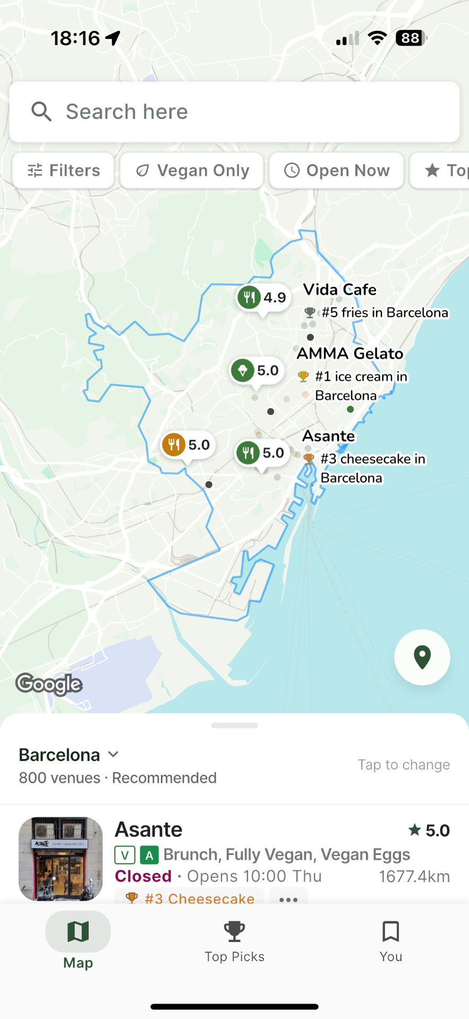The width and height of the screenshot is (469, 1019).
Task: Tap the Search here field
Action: click(x=234, y=112)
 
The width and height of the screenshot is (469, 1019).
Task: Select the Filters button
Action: click(x=64, y=170)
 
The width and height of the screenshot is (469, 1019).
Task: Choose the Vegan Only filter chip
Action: click(x=192, y=170)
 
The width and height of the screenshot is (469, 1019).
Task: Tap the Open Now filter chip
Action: click(x=337, y=170)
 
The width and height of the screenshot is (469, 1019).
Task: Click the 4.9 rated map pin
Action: click(x=262, y=298)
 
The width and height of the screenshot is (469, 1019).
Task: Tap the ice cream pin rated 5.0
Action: click(x=256, y=370)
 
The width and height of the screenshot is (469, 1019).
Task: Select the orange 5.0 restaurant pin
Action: click(x=187, y=445)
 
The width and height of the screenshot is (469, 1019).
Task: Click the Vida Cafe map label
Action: click(x=339, y=290)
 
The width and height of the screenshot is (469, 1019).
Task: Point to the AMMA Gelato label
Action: click(x=350, y=353)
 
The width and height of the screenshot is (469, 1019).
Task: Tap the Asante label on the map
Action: click(x=328, y=436)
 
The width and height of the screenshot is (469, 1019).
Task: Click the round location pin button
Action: click(x=422, y=657)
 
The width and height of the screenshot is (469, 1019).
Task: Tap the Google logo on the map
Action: click(x=49, y=684)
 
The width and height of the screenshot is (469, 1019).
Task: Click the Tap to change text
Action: click(x=404, y=765)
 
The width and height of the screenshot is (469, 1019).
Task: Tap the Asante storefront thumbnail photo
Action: click(x=61, y=858)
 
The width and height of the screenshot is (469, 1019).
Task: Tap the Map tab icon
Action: click(x=78, y=932)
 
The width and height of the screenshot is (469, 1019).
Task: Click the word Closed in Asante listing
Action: click(x=143, y=876)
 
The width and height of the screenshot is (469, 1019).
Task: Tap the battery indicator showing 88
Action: click(x=411, y=38)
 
